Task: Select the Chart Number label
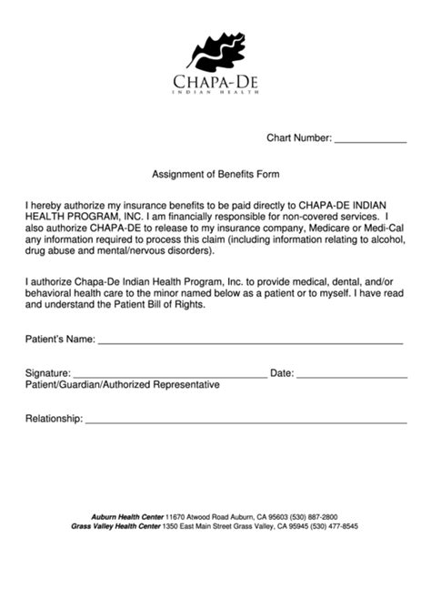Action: pos(299,138)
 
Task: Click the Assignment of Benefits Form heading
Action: pos(215,173)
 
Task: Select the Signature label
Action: pos(48,373)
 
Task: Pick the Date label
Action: pos(282,373)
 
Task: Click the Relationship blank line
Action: pos(246,422)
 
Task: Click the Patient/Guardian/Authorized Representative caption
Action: pos(123,385)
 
